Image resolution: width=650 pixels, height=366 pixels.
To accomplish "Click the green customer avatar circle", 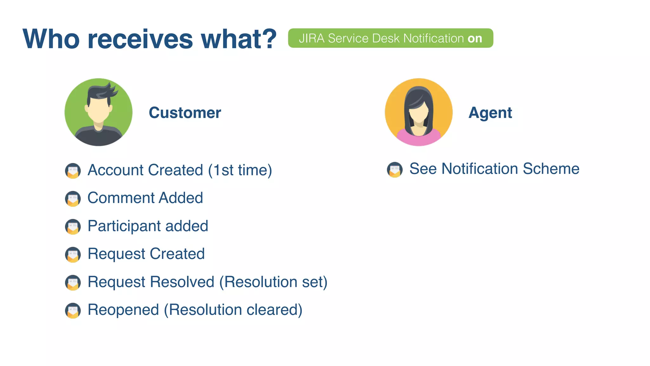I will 98,112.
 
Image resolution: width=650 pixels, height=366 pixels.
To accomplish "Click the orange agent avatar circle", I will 419,112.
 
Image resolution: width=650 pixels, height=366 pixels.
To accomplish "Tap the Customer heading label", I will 185,113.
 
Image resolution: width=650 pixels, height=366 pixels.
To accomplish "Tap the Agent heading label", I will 490,113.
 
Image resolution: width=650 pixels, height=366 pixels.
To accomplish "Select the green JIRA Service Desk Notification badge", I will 390,38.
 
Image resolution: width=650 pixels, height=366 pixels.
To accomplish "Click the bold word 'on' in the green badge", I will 475,38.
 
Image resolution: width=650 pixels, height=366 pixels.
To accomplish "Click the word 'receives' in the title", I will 140,39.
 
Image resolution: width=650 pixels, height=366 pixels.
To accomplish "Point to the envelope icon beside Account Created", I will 73,171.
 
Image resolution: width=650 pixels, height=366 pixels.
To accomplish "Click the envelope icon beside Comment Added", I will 73,199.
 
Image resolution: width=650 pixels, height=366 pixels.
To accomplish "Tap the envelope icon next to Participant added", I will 73,227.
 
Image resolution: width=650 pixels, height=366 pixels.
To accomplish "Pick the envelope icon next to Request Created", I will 73,255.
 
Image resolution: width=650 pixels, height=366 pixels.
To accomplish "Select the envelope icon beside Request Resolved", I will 73,283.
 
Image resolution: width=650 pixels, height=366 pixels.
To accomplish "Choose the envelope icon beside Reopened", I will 73,311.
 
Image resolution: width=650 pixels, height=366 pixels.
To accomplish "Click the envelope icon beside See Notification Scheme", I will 395,169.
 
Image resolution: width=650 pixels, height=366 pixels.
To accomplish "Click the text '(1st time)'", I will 240,170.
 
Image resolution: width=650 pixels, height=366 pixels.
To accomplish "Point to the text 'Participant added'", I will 148,226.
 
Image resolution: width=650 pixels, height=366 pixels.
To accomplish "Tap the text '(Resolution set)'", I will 273,282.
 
